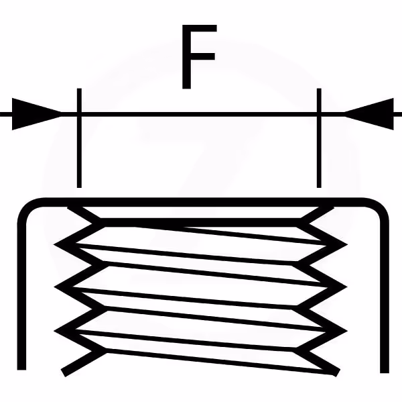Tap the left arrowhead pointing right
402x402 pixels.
coord(37,113)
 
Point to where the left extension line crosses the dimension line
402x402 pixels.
coord(79,113)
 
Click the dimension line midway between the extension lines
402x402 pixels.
coord(198,113)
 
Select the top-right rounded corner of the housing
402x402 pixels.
coord(379,208)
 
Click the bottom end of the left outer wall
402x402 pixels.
coord(22,368)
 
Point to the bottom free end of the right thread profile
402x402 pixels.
coord(336,372)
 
